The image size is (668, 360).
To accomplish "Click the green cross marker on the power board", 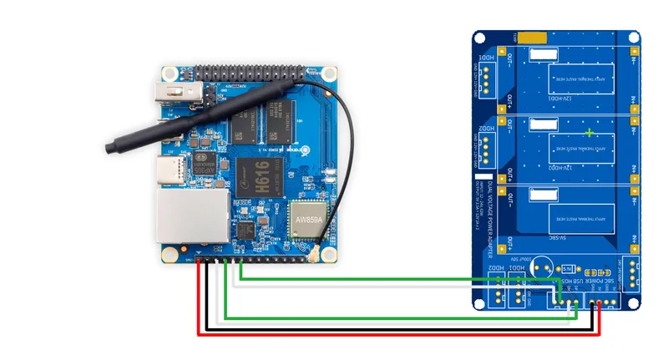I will pyautogui.click(x=591, y=133).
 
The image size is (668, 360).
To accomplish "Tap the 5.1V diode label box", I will pyautogui.click(x=567, y=269).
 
